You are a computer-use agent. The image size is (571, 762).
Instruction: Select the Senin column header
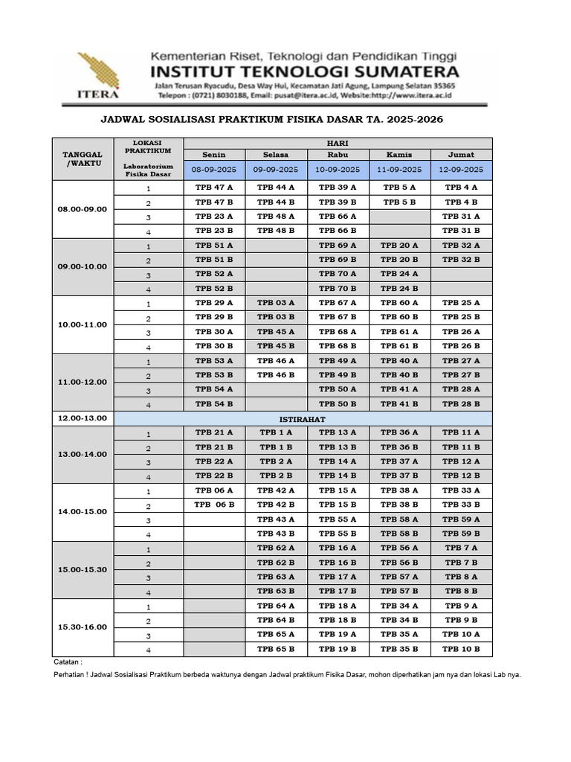[213, 155]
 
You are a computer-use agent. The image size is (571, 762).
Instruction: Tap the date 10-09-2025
[338, 170]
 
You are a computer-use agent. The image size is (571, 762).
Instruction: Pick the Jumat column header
[461, 155]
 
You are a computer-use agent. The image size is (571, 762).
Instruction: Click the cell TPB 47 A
[214, 188]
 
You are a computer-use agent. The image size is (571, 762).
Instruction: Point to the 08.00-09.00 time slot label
[83, 209]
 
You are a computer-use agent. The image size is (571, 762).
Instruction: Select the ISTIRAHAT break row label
[338, 419]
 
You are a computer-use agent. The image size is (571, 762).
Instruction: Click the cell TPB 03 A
[276, 303]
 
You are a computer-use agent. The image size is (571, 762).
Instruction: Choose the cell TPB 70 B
[338, 288]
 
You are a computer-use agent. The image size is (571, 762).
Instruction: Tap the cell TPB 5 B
[399, 202]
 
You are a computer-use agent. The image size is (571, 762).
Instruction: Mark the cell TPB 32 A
[461, 245]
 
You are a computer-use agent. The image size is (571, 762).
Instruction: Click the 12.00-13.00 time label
[83, 418]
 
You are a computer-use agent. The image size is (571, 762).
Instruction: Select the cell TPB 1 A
[276, 432]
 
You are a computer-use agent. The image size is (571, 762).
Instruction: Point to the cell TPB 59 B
[461, 534]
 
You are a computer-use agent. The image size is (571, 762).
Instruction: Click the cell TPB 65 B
[276, 649]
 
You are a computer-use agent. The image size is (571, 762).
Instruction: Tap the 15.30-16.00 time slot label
[83, 627]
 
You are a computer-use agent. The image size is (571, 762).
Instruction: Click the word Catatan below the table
[68, 662]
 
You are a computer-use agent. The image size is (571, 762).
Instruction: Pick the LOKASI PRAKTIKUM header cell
[147, 147]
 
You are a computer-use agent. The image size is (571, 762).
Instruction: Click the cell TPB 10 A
[461, 634]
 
